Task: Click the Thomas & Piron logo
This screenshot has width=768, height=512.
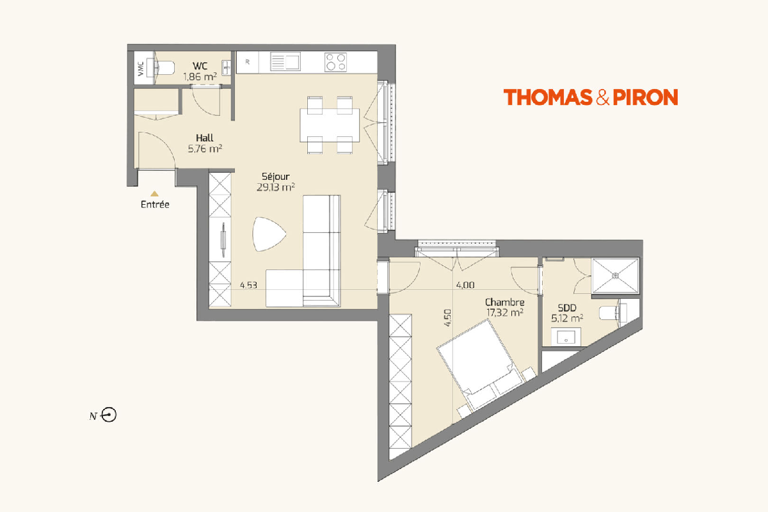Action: (x=590, y=97)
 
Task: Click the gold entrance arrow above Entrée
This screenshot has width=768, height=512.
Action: (x=155, y=194)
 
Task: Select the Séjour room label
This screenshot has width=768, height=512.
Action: (x=276, y=177)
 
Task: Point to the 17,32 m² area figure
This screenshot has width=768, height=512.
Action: (x=505, y=313)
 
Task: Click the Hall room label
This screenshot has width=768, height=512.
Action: (x=205, y=138)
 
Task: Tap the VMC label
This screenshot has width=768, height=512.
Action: (x=141, y=69)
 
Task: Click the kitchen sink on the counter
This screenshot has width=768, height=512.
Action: (x=285, y=61)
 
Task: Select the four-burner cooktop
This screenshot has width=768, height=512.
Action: (x=335, y=62)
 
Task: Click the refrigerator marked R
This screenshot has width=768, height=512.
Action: (x=248, y=62)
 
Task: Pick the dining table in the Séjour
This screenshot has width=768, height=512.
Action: (x=330, y=125)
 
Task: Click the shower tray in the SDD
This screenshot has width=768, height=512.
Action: (x=616, y=276)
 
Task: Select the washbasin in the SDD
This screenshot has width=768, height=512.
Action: (x=566, y=337)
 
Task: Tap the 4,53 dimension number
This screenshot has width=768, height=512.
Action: (x=248, y=285)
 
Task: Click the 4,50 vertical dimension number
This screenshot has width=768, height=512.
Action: (x=447, y=318)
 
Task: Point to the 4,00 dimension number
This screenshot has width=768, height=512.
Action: (x=465, y=285)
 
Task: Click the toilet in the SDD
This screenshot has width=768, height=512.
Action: (x=612, y=313)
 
